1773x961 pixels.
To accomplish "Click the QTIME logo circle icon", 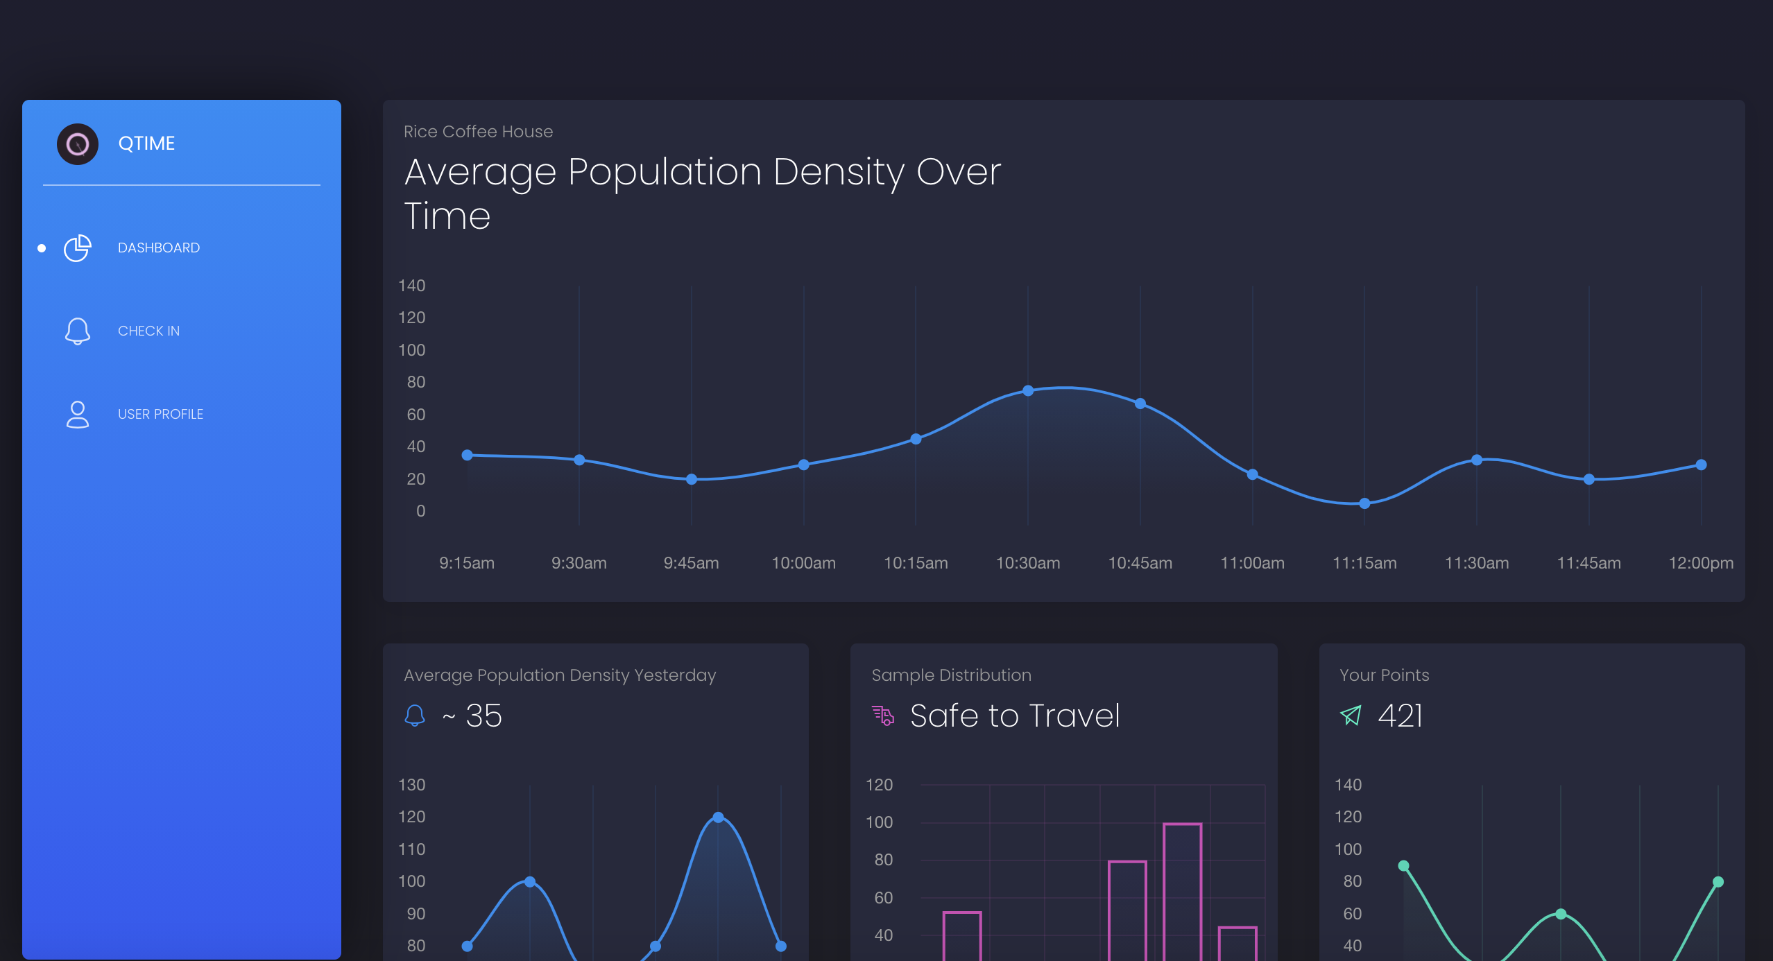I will pyautogui.click(x=77, y=144).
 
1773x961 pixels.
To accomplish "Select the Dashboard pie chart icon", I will pyautogui.click(x=78, y=248).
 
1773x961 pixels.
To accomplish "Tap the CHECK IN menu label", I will pyautogui.click(x=148, y=331).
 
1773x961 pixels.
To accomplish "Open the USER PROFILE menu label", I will pyautogui.click(x=160, y=414).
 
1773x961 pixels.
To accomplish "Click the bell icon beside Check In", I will pyautogui.click(x=78, y=331).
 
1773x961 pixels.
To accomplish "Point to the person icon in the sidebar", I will pyautogui.click(x=78, y=414).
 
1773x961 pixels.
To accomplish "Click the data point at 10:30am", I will pyautogui.click(x=1028, y=391).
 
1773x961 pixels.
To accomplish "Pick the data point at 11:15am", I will pyautogui.click(x=1364, y=503).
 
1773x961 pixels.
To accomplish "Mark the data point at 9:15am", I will pyautogui.click(x=468, y=455).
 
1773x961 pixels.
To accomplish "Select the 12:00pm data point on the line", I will pyautogui.click(x=1701, y=465).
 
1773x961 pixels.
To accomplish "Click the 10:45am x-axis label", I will pyautogui.click(x=1140, y=563).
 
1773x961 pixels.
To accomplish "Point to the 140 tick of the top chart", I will pyautogui.click(x=411, y=286).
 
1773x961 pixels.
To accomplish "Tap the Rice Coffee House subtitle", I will pyautogui.click(x=478, y=132).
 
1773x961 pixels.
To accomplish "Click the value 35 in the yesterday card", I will pyautogui.click(x=483, y=716).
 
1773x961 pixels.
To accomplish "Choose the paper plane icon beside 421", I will pyautogui.click(x=1351, y=716).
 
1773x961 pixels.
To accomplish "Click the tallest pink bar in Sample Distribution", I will pyautogui.click(x=1182, y=891).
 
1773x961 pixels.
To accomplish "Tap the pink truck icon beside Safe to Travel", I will pyautogui.click(x=882, y=715).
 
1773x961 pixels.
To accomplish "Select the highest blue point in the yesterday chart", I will pyautogui.click(x=718, y=817).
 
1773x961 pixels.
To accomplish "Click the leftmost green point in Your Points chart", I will pyautogui.click(x=1403, y=865).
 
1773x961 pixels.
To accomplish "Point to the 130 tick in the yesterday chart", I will pyautogui.click(x=411, y=785).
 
